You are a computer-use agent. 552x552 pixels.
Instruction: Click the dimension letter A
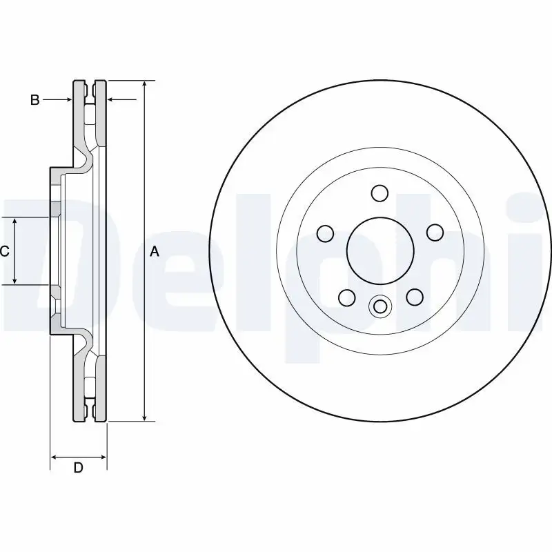155,252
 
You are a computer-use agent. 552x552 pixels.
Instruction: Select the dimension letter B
34,100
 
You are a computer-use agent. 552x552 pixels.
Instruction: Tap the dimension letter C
4,251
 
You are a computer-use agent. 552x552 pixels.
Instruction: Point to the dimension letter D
79,468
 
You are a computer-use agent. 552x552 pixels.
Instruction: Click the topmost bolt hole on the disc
379,193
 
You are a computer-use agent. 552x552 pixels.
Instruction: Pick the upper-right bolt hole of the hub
434,233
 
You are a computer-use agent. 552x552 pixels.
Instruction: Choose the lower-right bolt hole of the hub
413,297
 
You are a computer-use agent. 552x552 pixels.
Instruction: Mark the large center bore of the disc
379,251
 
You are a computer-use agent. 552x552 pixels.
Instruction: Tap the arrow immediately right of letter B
68,100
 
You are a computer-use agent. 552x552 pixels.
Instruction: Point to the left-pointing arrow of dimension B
112,100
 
